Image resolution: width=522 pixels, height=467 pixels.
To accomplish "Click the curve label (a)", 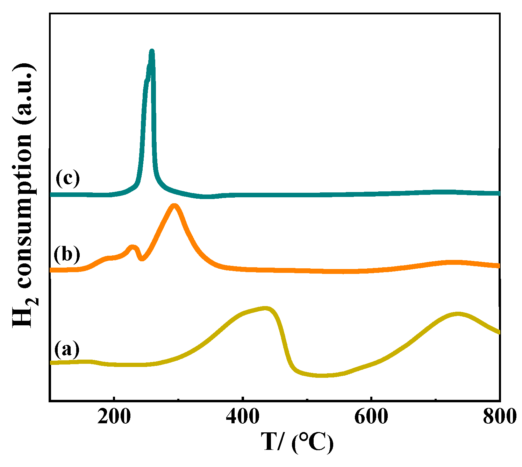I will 67,349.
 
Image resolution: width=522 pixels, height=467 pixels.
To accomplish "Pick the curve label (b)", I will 67,254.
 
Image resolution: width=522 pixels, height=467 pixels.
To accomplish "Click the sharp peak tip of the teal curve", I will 152,51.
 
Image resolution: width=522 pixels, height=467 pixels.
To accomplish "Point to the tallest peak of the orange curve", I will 174,206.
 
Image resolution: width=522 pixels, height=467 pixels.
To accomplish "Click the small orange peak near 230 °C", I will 132,247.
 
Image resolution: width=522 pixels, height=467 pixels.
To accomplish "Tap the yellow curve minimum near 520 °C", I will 322,375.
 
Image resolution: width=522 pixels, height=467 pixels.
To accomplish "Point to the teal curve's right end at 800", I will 499,193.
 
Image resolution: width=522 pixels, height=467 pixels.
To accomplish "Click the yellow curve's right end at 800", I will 499,332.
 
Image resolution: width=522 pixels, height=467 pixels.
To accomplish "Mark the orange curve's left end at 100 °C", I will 52,270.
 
